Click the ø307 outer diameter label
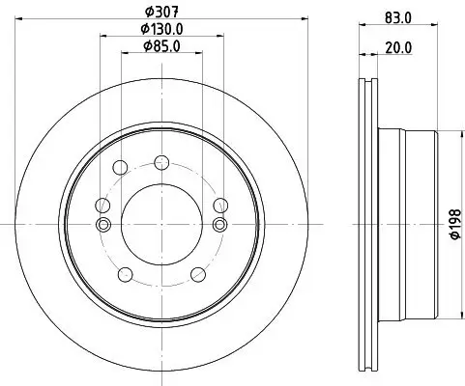pos(160,12)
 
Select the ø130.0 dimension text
pos(160,30)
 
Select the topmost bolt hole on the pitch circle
pos(160,161)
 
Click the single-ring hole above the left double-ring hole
pos(101,204)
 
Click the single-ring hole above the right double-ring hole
pos(219,204)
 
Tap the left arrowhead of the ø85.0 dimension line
pos(122,54)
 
